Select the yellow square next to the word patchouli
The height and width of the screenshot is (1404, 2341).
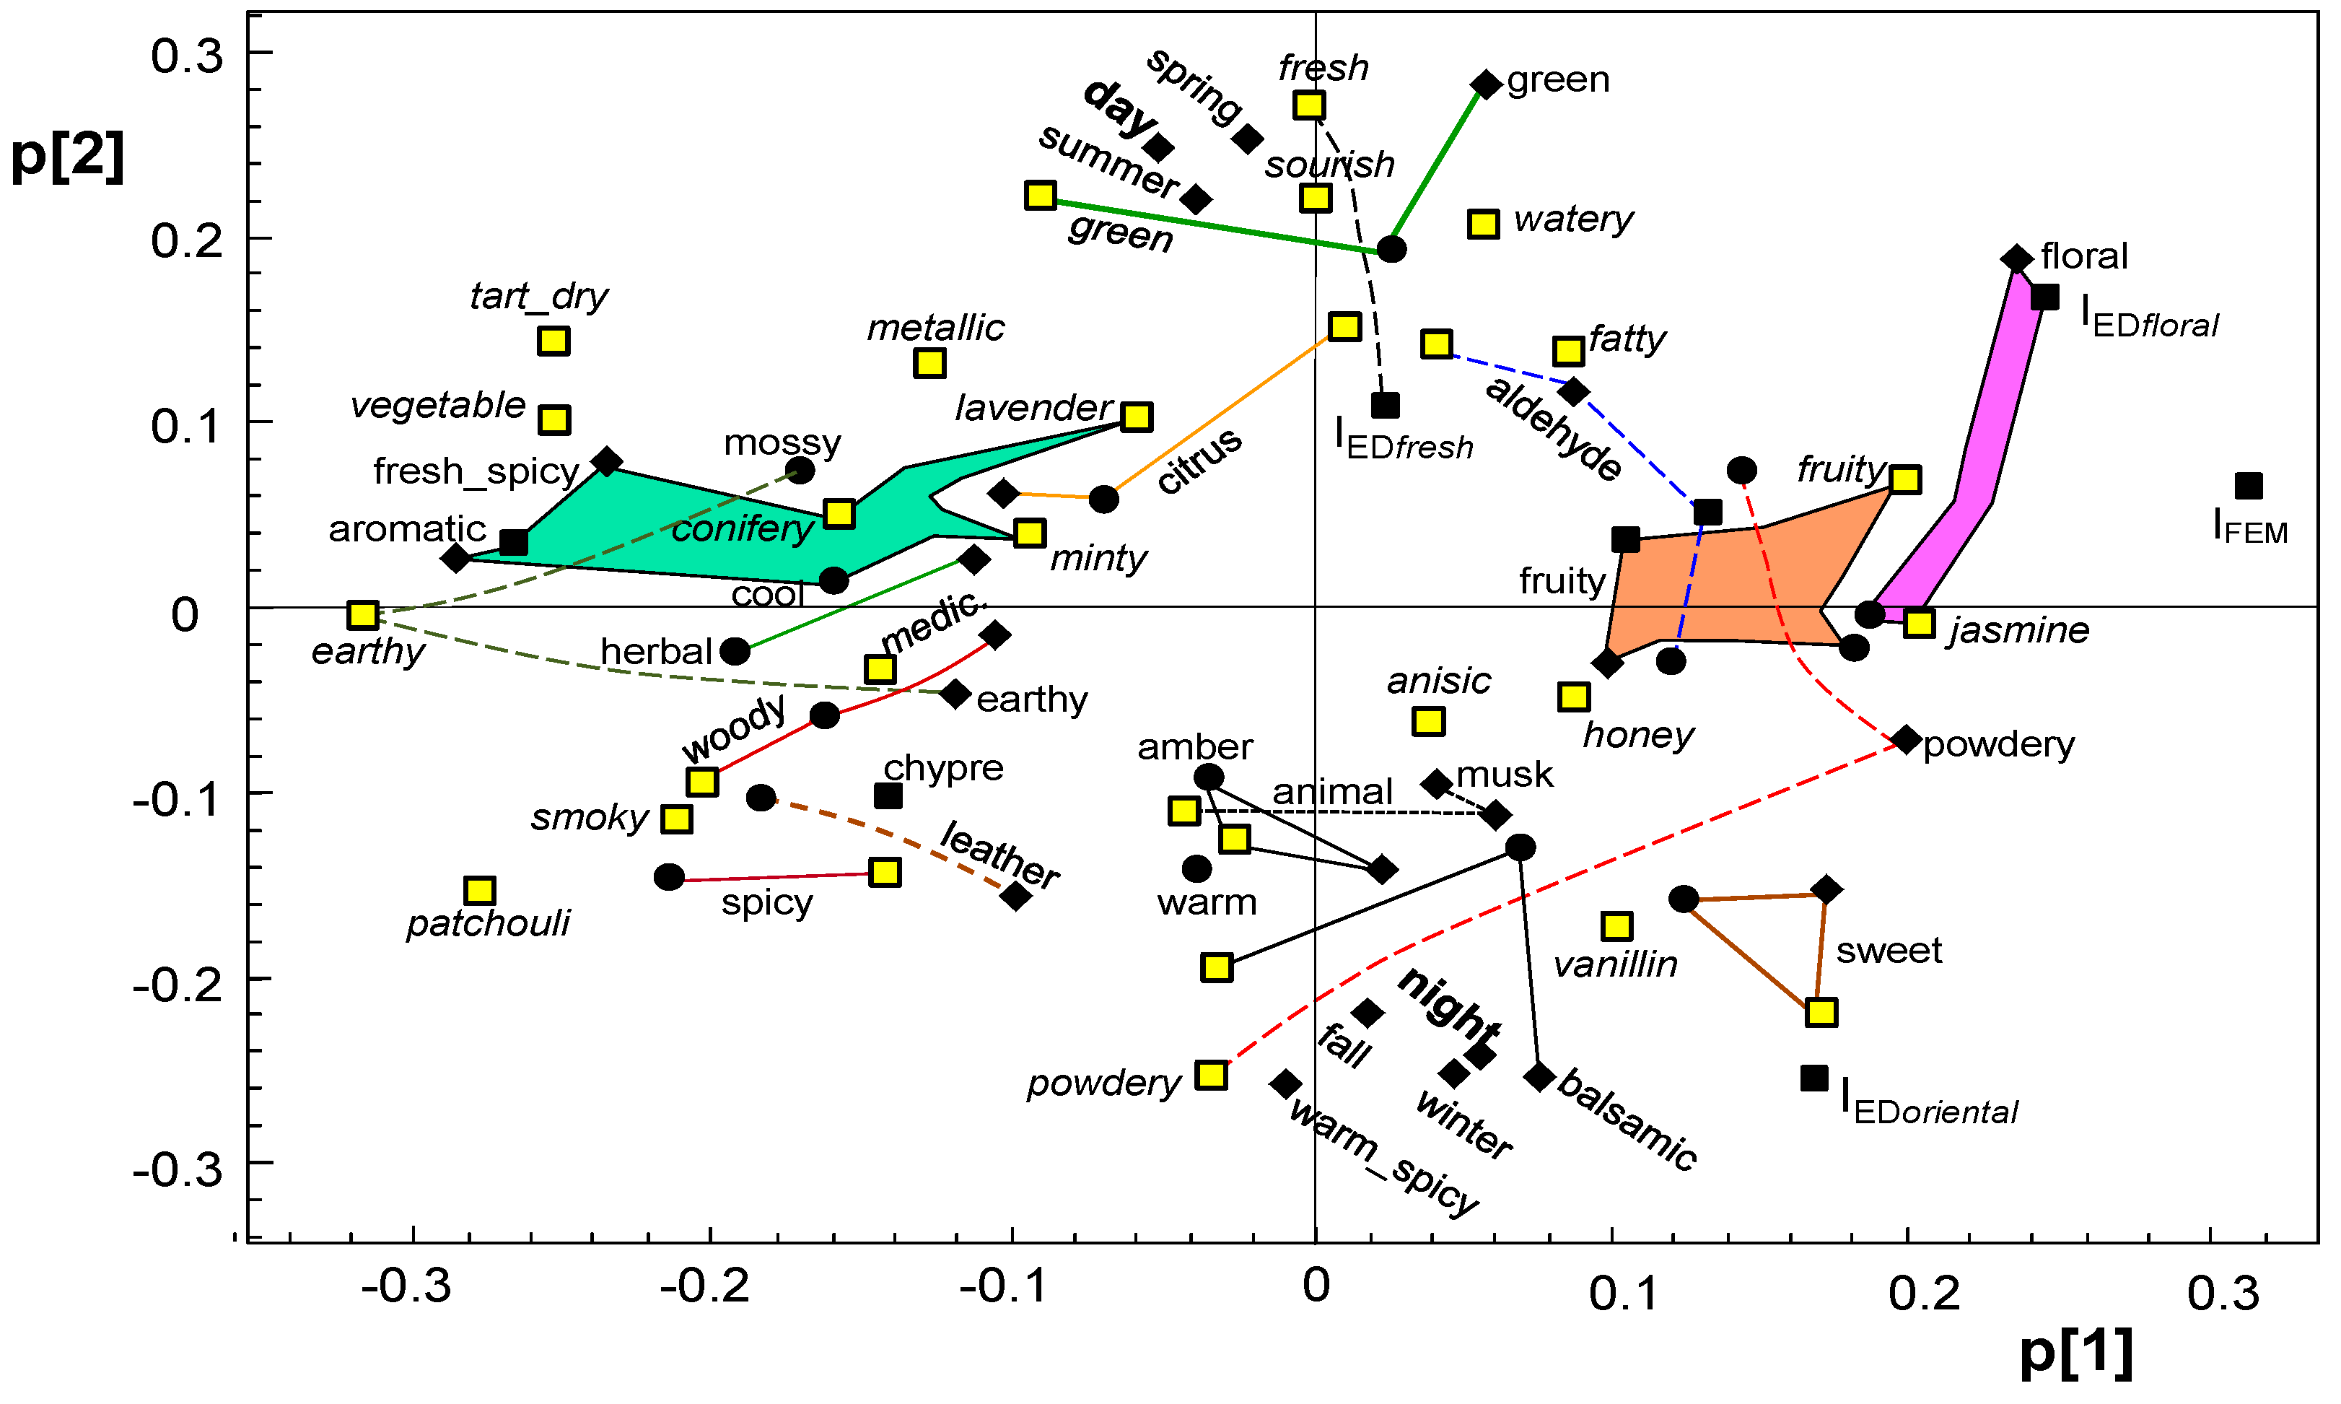pos(481,890)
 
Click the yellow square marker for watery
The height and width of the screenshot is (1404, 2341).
pos(1483,224)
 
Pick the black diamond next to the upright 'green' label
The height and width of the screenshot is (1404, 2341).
pos(1486,84)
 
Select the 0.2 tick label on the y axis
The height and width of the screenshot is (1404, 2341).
pos(186,240)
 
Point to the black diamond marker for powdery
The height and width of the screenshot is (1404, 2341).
pos(1906,740)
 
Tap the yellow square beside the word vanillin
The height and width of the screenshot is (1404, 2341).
pos(1617,926)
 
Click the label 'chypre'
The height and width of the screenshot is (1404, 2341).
pos(943,767)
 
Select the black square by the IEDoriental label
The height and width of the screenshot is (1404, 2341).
pos(1813,1078)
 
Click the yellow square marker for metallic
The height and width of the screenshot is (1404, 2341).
pos(929,362)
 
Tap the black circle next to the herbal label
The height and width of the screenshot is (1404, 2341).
pos(735,651)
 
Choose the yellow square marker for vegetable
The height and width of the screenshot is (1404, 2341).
pos(554,419)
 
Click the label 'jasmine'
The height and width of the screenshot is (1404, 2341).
pos(2018,630)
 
